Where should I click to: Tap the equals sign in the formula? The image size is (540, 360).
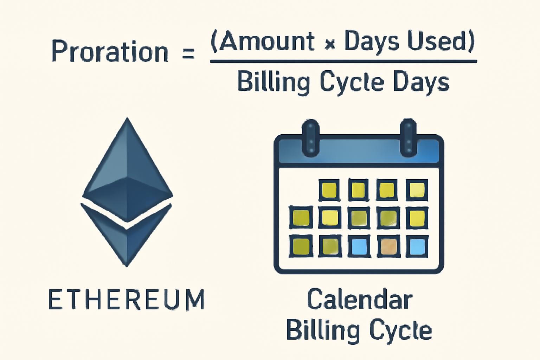[x=188, y=53]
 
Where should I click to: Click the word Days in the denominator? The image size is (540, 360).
[x=421, y=82]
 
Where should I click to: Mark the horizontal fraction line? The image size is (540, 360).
[x=343, y=62]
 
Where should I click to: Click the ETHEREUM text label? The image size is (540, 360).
[x=127, y=300]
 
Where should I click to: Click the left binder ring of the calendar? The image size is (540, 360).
[x=310, y=138]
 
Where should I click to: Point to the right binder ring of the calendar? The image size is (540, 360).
[x=408, y=138]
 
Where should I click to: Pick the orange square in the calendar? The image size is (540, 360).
[x=388, y=246]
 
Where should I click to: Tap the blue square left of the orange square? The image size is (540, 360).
[x=359, y=246]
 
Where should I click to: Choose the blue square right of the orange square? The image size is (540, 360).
[x=417, y=246]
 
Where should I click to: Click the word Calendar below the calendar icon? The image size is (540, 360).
[x=359, y=300]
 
